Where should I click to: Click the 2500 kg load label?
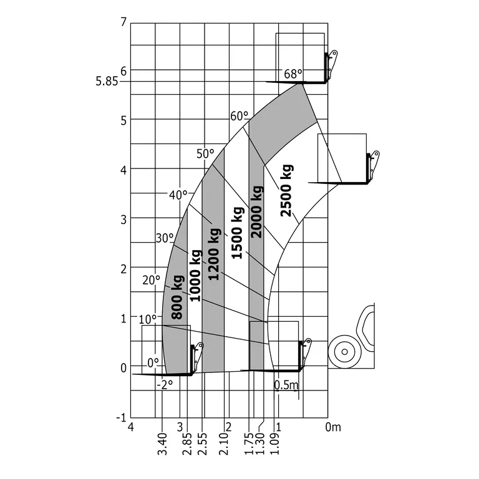click(x=286, y=190)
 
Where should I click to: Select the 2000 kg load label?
click(x=256, y=212)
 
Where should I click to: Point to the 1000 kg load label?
click(x=196, y=276)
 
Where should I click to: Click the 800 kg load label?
click(x=178, y=297)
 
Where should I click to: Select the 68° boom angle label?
click(x=293, y=74)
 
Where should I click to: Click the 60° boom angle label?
click(x=239, y=116)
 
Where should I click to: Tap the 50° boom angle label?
click(x=205, y=153)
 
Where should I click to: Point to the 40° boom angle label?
click(x=178, y=195)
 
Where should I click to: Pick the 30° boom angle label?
click(x=165, y=238)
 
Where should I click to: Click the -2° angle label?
click(x=165, y=385)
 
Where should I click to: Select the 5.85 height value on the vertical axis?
click(x=107, y=81)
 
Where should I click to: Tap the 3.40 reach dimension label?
click(x=162, y=444)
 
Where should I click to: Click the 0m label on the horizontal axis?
click(x=334, y=427)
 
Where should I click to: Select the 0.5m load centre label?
click(x=286, y=385)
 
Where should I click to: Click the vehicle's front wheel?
click(x=342, y=351)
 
